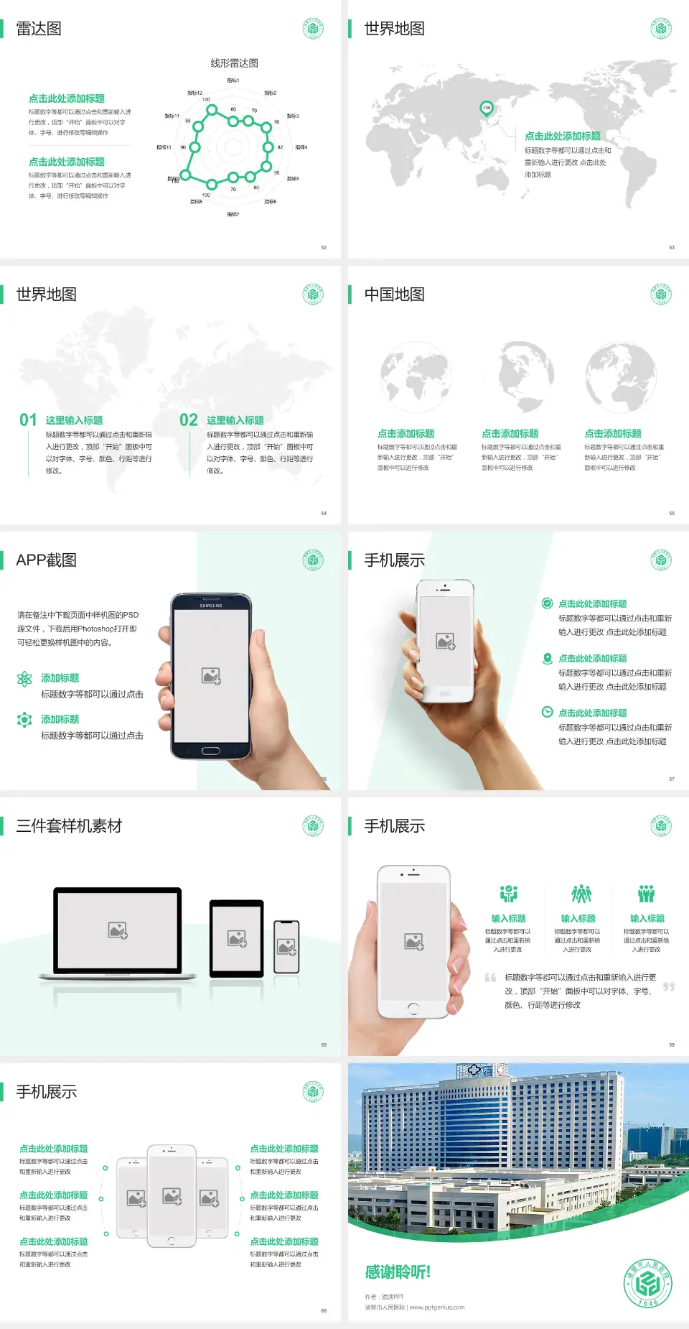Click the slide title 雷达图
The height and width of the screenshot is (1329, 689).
pos(39,29)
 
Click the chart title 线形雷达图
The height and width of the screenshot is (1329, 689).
pos(234,63)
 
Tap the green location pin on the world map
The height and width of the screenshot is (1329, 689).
pos(486,108)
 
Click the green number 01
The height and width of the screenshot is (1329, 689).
pos(28,420)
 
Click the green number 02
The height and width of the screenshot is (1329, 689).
pos(189,420)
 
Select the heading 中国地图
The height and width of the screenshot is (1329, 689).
pos(394,295)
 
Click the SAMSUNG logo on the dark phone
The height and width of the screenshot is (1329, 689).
pos(211,606)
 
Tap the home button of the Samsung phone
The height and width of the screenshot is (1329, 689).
pos(210,751)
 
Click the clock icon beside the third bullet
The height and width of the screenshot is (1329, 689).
pos(547,712)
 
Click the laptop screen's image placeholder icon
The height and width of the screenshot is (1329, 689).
pos(118,930)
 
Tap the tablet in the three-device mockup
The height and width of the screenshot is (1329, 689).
pos(237,938)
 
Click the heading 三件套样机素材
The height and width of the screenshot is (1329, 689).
pos(69,826)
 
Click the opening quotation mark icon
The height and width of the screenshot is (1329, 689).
pos(491,978)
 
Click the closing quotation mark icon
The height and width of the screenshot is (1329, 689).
pos(669,987)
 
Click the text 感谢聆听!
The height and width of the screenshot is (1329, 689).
pos(398,1272)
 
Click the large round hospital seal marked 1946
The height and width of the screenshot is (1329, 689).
pos(647,1284)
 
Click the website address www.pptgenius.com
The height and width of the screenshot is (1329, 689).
pos(437,1307)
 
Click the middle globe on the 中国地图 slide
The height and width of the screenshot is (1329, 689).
pos(527,377)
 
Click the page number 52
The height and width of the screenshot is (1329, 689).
pos(324,247)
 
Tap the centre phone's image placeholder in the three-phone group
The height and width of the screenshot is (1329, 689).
pos(172,1196)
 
